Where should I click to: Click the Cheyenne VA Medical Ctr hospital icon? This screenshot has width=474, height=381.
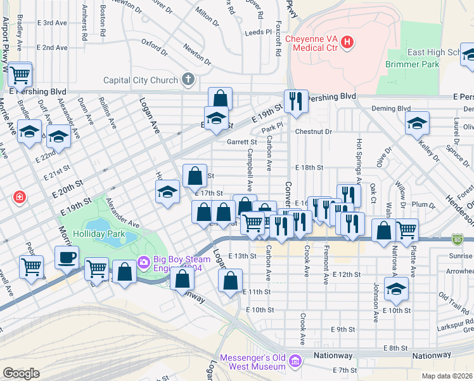347,43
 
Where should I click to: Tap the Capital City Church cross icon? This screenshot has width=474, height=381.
188,80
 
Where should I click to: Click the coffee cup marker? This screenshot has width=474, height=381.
67,257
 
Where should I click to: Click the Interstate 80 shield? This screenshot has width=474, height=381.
458,239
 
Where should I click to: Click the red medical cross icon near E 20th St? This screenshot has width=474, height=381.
20,197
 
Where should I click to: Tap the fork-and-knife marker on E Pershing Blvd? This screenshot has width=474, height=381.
296,100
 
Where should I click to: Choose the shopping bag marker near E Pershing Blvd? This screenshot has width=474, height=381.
219,99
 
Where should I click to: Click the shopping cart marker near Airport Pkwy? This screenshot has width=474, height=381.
20,74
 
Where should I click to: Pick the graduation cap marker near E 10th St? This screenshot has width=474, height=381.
396,288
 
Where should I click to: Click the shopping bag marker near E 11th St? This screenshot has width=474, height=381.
231,279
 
